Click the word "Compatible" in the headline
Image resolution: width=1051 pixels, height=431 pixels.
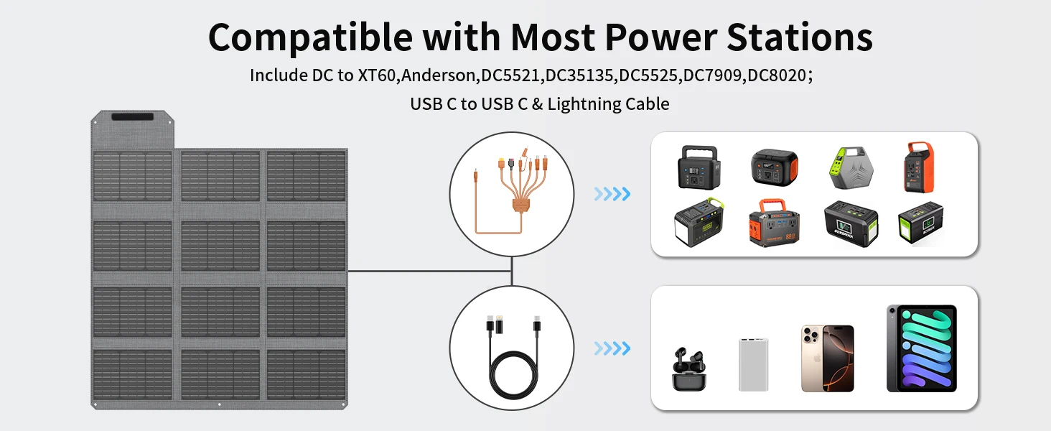[310, 36]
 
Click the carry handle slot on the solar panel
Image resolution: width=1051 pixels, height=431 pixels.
[131, 117]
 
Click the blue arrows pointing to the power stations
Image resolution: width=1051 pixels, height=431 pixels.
[612, 193]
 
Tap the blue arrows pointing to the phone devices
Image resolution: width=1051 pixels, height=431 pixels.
[612, 349]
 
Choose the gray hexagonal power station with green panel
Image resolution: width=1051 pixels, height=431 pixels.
[846, 170]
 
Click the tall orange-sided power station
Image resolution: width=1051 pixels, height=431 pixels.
[919, 168]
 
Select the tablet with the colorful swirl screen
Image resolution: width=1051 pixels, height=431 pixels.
[921, 348]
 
